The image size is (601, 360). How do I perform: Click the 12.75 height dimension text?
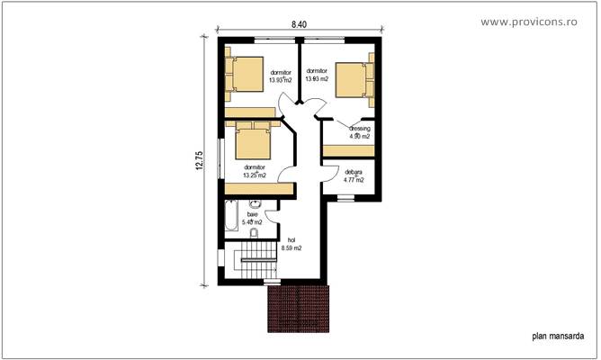(x=200, y=159)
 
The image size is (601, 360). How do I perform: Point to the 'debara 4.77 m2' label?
(x=354, y=175)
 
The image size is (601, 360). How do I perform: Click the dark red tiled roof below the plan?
(x=300, y=307)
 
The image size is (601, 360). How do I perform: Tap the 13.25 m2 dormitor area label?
(x=255, y=171)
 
